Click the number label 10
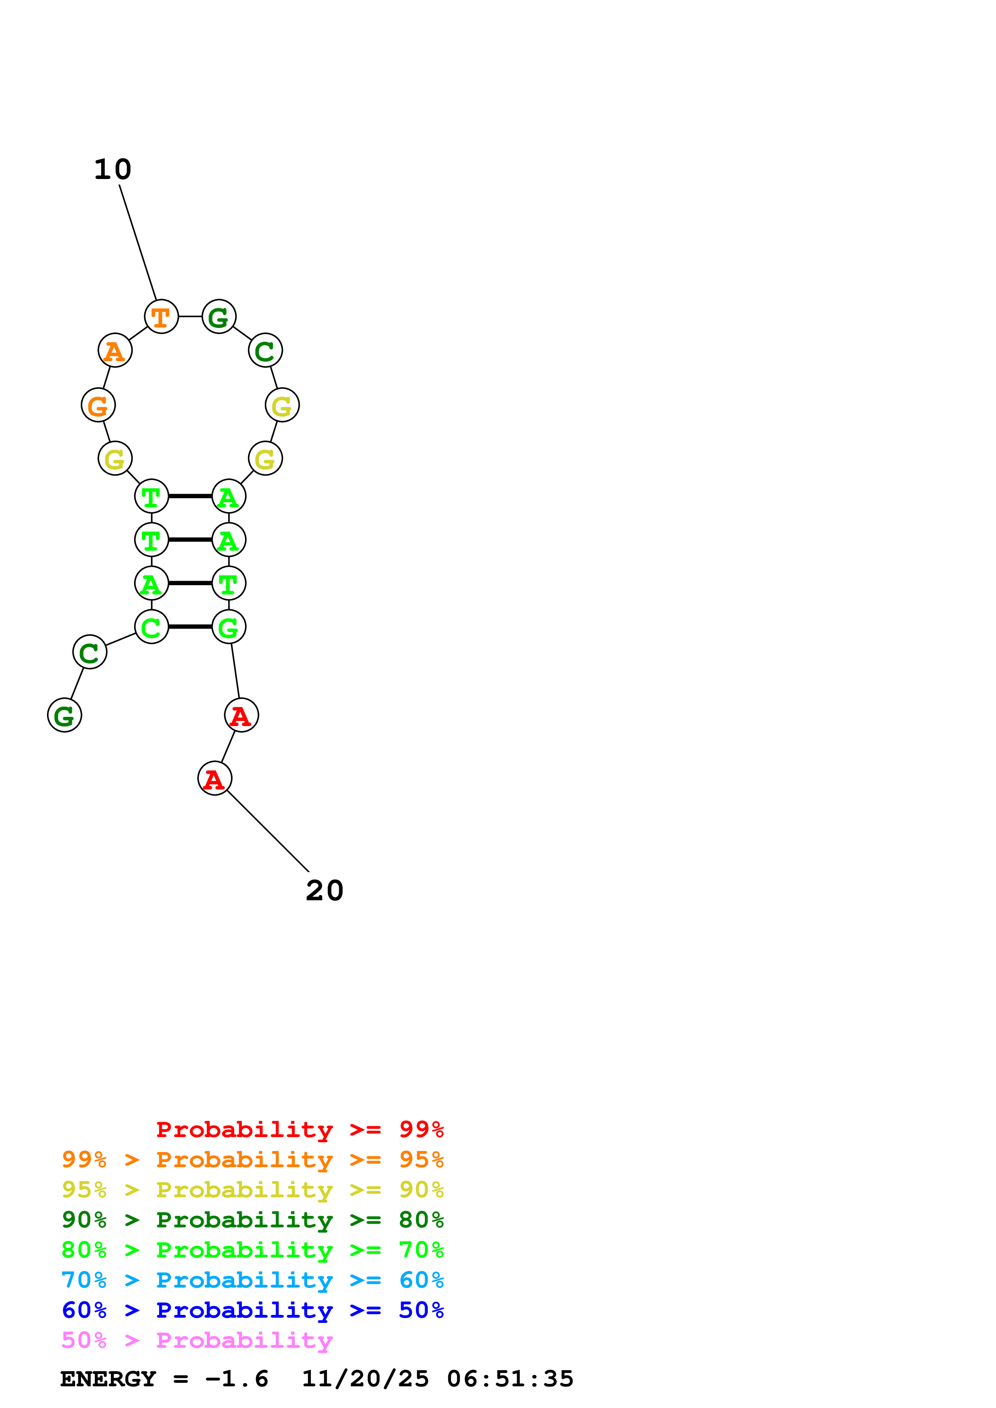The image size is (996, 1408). coord(113,169)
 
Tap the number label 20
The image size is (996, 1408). coord(325,890)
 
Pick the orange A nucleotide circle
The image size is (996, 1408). coord(115,351)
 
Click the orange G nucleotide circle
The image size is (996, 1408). coord(98,405)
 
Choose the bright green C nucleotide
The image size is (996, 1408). coord(151,627)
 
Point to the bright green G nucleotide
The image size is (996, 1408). coord(229,627)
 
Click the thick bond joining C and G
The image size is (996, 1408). coord(190,627)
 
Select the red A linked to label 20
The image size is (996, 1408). coord(215,779)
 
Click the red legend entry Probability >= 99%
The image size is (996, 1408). coord(299,1129)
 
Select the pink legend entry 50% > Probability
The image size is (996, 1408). coord(197,1340)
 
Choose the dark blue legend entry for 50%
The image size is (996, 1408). coord(252,1310)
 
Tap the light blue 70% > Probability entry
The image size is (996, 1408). coord(252,1280)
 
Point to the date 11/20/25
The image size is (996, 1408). coord(365,1379)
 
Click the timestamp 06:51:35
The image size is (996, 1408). coord(510,1379)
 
